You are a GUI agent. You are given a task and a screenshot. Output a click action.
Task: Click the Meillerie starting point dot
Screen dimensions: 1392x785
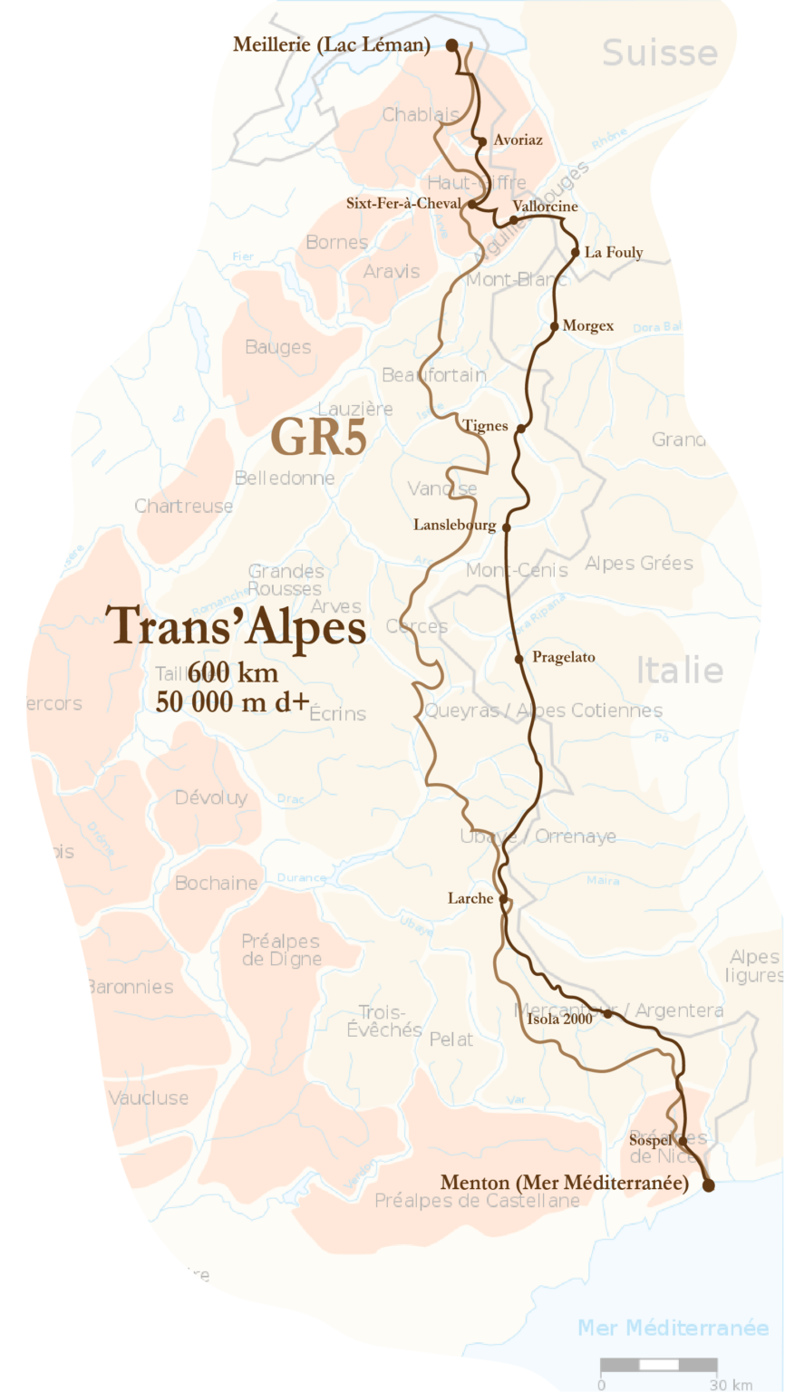tap(451, 43)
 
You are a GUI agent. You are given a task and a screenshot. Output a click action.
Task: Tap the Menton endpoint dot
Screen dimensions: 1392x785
tap(708, 1184)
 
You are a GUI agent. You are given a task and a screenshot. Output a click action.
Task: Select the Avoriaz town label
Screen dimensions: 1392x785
tap(518, 140)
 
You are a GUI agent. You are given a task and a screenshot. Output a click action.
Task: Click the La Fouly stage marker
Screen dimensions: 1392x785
tap(575, 253)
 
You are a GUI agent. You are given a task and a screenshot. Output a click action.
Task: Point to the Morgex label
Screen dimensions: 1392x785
tap(587, 326)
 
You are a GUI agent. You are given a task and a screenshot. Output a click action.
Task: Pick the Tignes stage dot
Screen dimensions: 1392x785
tap(520, 428)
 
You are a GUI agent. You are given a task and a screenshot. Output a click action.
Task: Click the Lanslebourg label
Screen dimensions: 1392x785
tap(454, 526)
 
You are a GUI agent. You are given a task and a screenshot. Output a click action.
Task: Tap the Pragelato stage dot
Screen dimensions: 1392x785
tap(518, 659)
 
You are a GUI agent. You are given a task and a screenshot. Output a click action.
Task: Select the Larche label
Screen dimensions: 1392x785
tap(470, 899)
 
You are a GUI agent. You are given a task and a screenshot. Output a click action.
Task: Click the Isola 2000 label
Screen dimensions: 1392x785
tap(559, 1019)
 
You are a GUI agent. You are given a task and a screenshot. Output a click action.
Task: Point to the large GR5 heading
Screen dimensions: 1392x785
tap(319, 438)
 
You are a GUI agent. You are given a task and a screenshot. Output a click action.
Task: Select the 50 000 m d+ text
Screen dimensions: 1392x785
tap(232, 701)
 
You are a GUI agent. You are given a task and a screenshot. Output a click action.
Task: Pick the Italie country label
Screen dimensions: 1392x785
tap(679, 671)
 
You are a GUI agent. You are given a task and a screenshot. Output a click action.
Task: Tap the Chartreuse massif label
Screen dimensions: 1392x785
tap(184, 507)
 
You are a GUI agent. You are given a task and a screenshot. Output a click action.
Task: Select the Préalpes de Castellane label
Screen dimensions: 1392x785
tap(477, 1202)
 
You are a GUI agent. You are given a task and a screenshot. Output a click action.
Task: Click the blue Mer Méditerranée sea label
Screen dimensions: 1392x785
tap(673, 1328)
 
